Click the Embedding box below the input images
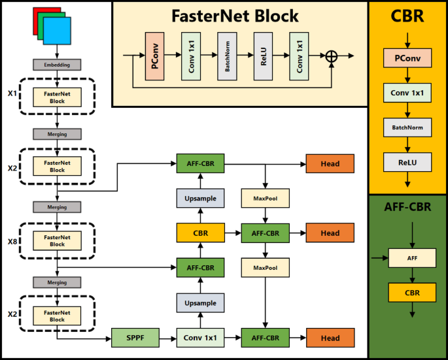(57, 65)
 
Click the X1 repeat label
(12, 93)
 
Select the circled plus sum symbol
(332, 57)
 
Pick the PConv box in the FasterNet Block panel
(154, 57)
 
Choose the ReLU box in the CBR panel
(408, 161)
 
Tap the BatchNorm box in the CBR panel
(408, 127)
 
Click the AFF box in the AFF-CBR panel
(412, 258)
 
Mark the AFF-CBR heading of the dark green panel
(407, 208)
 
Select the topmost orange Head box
(330, 163)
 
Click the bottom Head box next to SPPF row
(330, 338)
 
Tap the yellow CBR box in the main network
(200, 233)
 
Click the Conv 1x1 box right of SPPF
(200, 338)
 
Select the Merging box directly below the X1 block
(57, 133)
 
